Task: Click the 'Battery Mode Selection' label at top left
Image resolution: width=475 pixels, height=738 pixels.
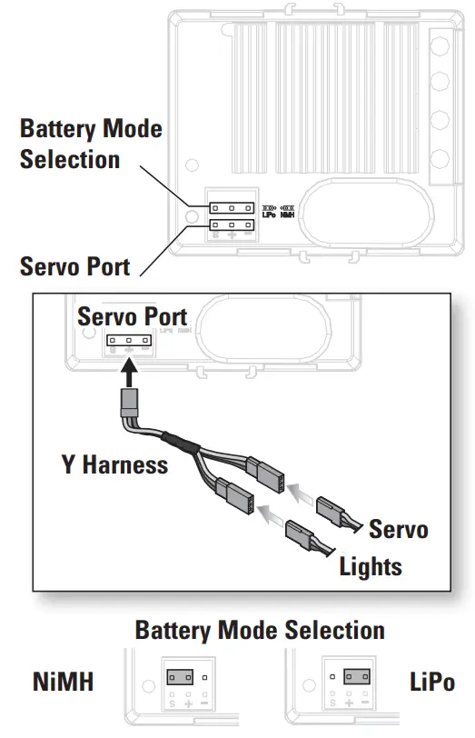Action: click(x=91, y=144)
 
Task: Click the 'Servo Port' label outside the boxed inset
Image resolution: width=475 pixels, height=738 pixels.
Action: click(x=74, y=267)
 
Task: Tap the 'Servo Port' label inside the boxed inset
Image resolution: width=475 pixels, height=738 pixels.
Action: click(x=132, y=316)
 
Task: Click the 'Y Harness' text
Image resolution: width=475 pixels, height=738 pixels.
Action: click(x=114, y=464)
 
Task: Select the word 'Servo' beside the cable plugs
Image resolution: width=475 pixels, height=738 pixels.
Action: click(x=398, y=529)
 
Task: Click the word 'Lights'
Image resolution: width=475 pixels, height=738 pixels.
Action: click(x=371, y=567)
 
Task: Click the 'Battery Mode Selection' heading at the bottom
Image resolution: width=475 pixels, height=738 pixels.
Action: click(x=260, y=630)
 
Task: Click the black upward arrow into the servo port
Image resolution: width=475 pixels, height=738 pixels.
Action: click(x=130, y=373)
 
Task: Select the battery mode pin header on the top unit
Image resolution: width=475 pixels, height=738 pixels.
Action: click(x=231, y=207)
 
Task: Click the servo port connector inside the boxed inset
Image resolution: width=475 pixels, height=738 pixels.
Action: click(x=129, y=343)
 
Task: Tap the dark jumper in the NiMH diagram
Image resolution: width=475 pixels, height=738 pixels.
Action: click(x=179, y=677)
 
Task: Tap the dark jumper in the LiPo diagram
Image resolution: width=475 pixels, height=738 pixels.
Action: click(x=356, y=677)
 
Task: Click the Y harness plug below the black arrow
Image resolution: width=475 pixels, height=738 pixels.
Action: click(x=130, y=401)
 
